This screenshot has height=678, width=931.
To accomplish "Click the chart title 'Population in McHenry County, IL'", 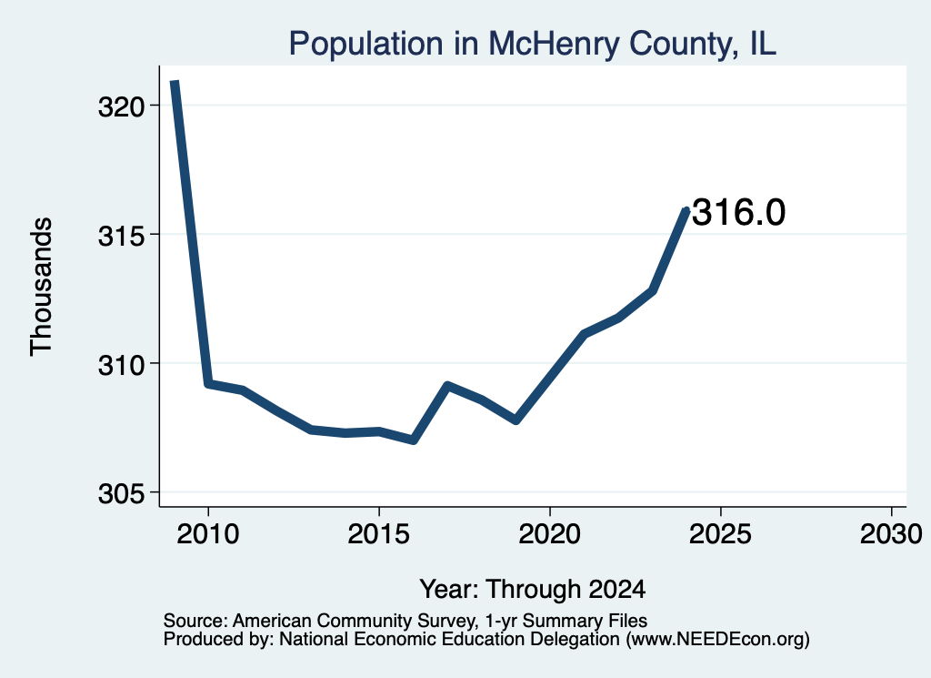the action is point(532,44).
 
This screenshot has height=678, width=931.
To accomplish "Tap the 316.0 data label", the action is point(738,212).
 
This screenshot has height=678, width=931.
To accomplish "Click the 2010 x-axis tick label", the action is point(208,533).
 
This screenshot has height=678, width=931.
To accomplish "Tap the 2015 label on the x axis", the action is point(379,533).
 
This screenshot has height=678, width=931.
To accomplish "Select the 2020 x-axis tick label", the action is point(550,533).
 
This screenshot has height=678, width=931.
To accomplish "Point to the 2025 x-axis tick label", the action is point(720,533).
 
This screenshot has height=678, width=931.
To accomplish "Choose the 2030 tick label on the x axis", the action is point(891,533).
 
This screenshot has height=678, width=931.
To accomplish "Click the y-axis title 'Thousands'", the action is point(42,287).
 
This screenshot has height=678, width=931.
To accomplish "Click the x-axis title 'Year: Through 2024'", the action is point(533,589).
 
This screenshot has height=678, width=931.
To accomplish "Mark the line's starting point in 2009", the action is point(174,82).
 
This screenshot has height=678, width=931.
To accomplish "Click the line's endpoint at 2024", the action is point(686,210).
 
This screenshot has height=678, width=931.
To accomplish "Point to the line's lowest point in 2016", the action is point(414,440).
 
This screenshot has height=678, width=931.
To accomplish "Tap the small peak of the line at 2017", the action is point(447,386).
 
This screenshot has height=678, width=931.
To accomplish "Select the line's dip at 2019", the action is point(516,420).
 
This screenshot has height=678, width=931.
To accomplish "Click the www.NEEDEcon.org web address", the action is point(717,640).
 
